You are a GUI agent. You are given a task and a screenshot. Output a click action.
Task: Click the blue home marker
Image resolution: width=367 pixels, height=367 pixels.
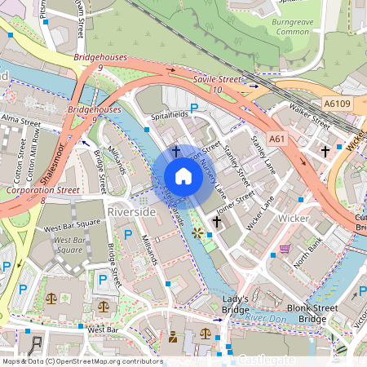pos(183,176)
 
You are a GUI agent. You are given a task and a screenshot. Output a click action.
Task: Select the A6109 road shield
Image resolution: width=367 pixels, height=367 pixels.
pos(337,104)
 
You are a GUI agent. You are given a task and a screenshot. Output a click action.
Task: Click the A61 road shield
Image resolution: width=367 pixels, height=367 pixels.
pos(276,139)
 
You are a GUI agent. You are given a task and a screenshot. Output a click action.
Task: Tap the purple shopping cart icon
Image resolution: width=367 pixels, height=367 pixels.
pos(285,248)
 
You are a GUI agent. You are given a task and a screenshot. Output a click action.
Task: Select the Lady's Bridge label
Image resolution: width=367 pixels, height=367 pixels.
pos(236,305)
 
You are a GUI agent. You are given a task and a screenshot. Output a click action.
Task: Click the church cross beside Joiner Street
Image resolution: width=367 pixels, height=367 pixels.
pos(217,221)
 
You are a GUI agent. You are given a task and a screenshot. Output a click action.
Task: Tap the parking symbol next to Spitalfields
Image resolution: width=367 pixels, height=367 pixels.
pos(194,108)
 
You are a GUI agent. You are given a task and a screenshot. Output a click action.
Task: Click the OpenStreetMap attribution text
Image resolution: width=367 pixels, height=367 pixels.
pos(82,361)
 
